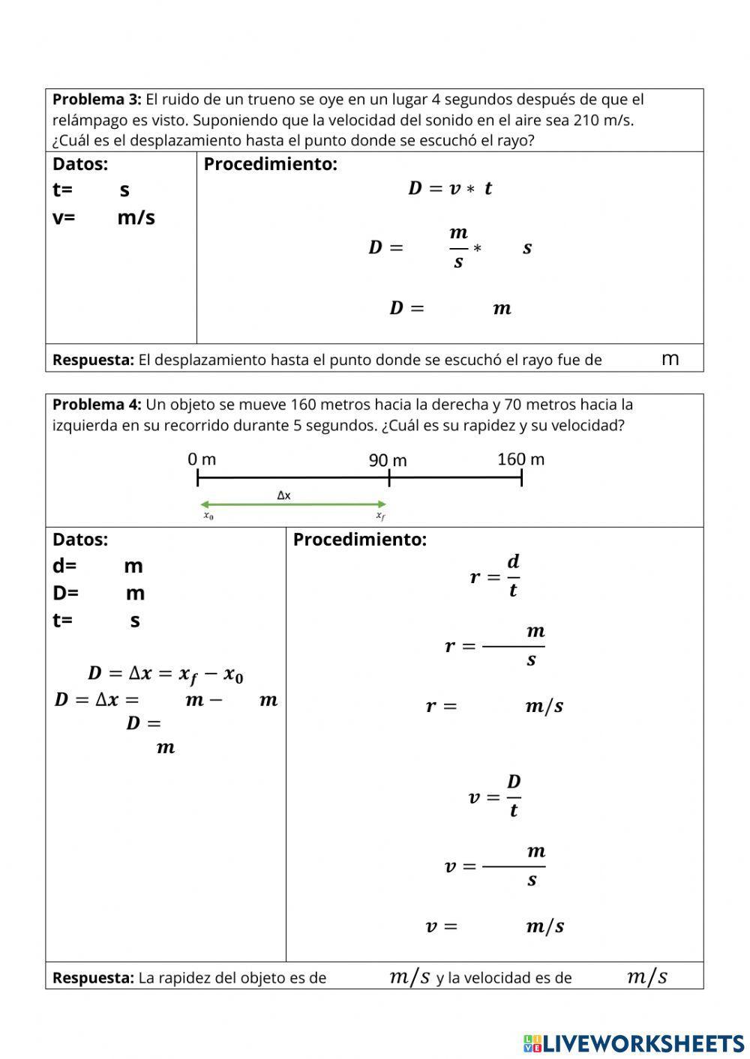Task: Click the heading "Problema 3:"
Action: click(x=97, y=100)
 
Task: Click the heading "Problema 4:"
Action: click(x=97, y=405)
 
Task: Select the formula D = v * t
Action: click(x=450, y=188)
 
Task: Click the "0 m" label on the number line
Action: click(x=202, y=459)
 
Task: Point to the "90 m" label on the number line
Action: click(x=388, y=460)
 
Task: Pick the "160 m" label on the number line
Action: click(x=520, y=459)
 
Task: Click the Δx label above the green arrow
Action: click(x=284, y=495)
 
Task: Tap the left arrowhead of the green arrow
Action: click(x=203, y=504)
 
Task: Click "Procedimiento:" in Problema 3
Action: click(x=270, y=164)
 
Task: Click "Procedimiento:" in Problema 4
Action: click(x=359, y=540)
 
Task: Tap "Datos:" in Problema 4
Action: click(x=80, y=540)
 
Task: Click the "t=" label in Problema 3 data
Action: click(x=62, y=190)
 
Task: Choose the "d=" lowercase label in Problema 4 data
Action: click(x=64, y=566)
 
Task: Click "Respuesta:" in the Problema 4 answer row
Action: click(x=93, y=977)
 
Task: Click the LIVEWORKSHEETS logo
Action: click(x=634, y=1043)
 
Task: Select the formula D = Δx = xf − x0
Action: click(x=166, y=674)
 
